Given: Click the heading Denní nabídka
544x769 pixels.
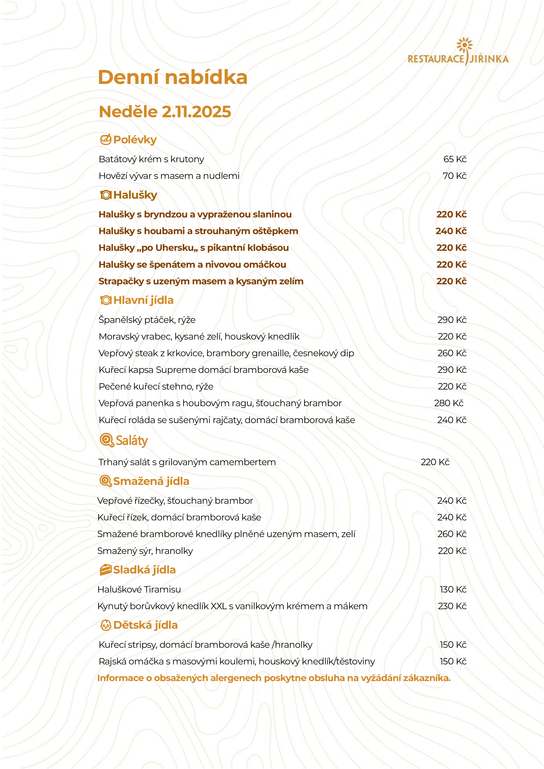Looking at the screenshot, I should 173,77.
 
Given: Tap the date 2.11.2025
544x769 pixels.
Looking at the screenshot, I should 196,112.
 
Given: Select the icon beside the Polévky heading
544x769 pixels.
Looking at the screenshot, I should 106,139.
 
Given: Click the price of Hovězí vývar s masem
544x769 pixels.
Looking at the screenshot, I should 454,176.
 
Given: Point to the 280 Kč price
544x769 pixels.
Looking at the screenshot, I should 449,403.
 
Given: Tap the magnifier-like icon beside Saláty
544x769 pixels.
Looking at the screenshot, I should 107,440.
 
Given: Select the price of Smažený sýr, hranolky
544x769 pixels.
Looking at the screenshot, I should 452,551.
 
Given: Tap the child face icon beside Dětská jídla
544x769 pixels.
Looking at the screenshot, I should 106,625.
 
